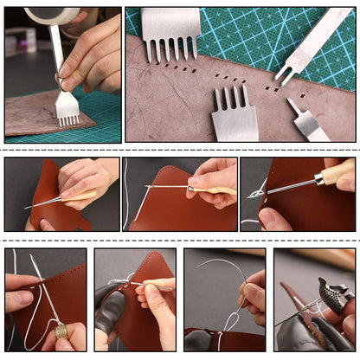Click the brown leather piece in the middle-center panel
[173, 212]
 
